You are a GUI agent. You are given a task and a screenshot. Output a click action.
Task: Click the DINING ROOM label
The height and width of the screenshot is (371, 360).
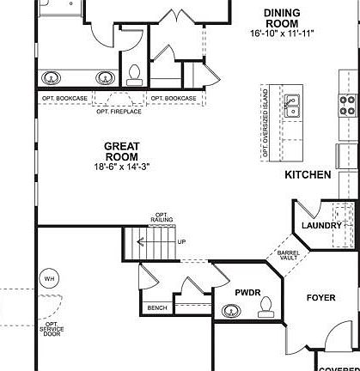[x=282, y=17]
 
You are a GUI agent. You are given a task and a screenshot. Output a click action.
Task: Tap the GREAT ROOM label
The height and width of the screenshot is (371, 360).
[x=121, y=151]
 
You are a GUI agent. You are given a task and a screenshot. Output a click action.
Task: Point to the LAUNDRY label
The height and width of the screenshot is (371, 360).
[x=322, y=225]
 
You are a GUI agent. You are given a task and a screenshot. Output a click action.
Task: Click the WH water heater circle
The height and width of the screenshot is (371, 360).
[x=49, y=278]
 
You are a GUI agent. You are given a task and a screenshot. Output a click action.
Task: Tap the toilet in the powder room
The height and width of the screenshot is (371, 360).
[x=265, y=306]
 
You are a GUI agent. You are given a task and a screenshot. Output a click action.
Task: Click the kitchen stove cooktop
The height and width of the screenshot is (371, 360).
[x=348, y=105]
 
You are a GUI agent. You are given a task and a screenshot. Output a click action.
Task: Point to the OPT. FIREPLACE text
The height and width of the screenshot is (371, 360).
[x=118, y=110]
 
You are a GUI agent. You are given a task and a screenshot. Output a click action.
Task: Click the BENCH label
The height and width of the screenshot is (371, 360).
[x=157, y=307]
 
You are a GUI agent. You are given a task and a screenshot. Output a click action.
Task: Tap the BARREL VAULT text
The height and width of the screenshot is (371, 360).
[x=287, y=256]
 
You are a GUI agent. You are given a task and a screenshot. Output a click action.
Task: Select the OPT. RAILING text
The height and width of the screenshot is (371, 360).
[x=160, y=218]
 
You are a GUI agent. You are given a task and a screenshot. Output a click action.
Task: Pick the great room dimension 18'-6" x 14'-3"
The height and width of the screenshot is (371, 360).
[x=121, y=166]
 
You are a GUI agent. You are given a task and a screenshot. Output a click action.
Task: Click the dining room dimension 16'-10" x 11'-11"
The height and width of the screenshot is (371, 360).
[x=282, y=33]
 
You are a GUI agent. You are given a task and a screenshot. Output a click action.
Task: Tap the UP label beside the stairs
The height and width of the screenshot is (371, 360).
[x=181, y=241]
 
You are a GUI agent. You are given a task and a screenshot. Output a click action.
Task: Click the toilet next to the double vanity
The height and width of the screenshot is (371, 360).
[x=134, y=73]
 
